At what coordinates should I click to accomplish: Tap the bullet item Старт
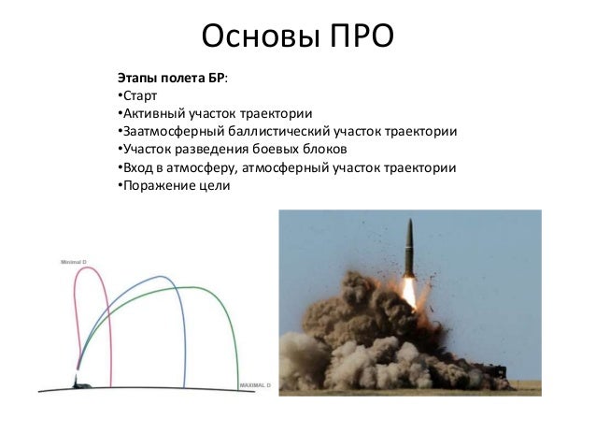tap(141, 96)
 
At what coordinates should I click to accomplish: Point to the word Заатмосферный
tap(167, 132)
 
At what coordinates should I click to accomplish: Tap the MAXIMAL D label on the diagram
tap(254, 384)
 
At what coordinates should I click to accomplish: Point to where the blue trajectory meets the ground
tap(184, 386)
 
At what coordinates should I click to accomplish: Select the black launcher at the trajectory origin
tap(76, 381)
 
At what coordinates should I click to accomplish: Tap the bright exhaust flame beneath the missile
tap(407, 290)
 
